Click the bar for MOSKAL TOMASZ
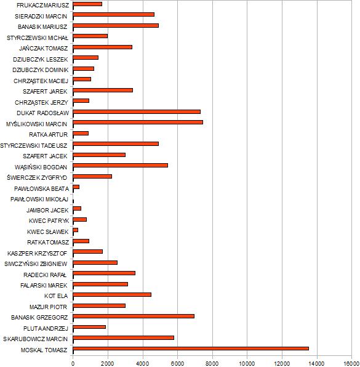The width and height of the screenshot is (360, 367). click(x=191, y=349)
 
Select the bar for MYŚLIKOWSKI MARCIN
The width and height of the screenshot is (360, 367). click(x=138, y=122)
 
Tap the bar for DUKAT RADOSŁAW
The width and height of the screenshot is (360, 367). click(x=137, y=111)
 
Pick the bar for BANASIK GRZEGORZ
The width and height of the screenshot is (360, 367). click(x=134, y=317)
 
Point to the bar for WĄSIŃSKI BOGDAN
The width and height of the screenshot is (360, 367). click(x=120, y=165)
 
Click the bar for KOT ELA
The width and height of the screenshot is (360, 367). click(x=112, y=295)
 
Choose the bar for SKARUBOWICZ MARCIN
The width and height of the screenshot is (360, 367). click(x=124, y=337)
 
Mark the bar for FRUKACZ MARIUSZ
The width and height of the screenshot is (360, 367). click(x=87, y=4)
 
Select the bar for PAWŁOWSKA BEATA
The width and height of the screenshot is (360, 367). click(x=76, y=187)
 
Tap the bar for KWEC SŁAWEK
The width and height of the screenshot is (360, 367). click(x=75, y=230)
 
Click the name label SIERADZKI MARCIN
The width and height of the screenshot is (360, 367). click(x=41, y=17)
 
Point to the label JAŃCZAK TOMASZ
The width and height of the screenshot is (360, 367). click(x=44, y=49)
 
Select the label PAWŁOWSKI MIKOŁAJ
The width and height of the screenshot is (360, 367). click(x=39, y=200)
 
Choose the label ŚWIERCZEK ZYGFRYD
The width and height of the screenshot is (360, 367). click(x=37, y=177)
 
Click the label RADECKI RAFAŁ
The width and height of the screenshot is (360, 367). click(x=45, y=275)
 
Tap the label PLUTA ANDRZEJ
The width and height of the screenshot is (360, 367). click(x=46, y=329)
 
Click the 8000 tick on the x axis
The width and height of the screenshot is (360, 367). click(x=212, y=364)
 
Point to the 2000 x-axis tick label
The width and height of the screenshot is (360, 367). click(x=108, y=364)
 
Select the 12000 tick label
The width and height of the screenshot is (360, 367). click(x=282, y=364)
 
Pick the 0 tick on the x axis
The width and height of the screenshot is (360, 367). click(x=73, y=364)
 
